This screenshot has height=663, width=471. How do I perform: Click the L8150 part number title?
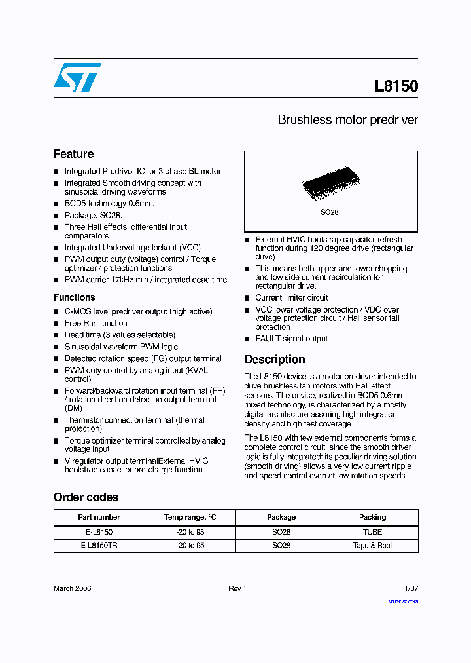point(396,86)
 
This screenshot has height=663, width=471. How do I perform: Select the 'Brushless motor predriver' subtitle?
point(347,120)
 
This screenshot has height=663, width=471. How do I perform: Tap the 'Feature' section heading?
point(73,154)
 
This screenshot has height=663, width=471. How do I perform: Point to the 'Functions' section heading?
point(74,297)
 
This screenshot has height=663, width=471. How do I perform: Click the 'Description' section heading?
point(275,359)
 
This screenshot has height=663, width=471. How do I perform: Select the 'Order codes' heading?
point(86,497)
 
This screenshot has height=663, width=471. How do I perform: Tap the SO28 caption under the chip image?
point(329,212)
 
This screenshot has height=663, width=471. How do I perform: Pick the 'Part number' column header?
point(99,517)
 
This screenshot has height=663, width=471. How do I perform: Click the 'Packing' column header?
point(372,517)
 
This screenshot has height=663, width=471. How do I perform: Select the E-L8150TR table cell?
point(99,545)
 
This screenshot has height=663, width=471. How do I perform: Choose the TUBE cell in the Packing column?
point(372,532)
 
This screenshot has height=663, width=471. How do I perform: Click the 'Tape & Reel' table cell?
point(372,545)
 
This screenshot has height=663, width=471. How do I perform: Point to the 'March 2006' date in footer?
point(72,588)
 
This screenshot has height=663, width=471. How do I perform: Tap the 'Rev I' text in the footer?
point(237,588)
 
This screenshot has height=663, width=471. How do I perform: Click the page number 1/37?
point(411,588)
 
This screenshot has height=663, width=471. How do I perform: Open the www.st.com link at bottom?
point(403,601)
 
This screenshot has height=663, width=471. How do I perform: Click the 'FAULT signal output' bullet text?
point(292,339)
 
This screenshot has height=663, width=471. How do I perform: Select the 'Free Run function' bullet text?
point(96,323)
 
